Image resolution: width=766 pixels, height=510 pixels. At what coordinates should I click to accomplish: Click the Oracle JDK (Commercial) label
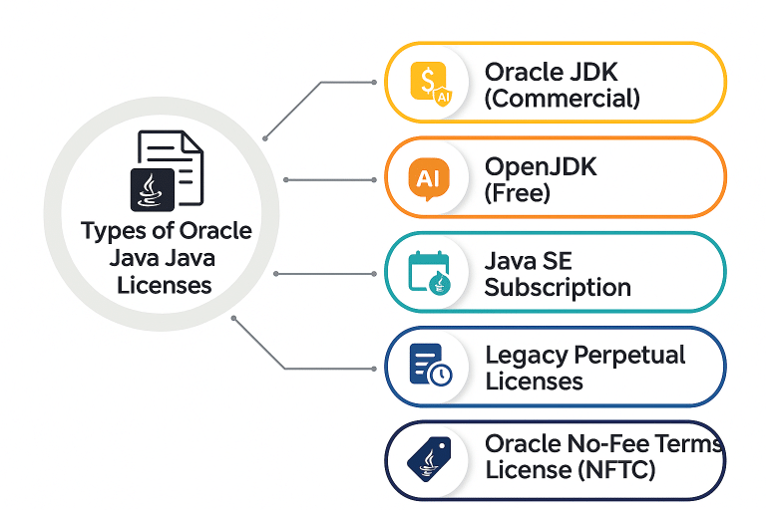pos(562,85)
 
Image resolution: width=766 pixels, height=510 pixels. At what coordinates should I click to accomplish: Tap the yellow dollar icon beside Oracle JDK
pos(429,82)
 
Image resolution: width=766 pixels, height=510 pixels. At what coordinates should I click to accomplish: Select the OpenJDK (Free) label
pos(540,179)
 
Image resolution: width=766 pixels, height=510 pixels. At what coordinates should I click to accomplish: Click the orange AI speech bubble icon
pos(429,179)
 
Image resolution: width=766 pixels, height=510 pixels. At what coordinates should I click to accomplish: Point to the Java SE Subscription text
pos(557,274)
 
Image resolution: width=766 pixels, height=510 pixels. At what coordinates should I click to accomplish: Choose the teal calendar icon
pos(429,272)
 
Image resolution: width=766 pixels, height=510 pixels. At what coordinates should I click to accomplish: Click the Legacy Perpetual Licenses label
pos(584,368)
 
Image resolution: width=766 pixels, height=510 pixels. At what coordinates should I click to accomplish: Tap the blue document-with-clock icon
pos(430,366)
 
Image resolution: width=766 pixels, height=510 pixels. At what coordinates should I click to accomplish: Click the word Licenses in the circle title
pos(165,285)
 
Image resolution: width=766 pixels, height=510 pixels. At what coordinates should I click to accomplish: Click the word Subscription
pos(557,288)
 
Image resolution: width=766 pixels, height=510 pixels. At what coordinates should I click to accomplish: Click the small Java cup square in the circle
pos(153,189)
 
